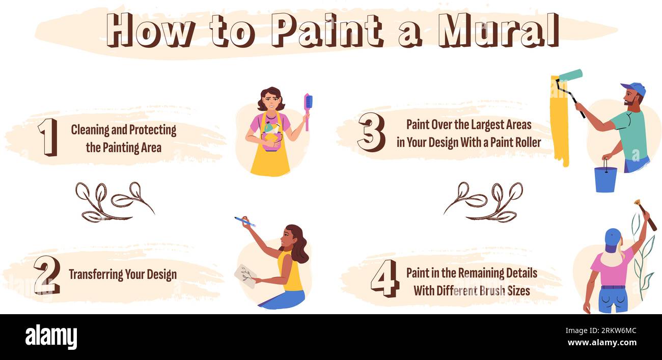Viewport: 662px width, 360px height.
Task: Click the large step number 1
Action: pos(47,137)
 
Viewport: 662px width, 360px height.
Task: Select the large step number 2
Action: pos(47,275)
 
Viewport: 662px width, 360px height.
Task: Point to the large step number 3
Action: pos(371,132)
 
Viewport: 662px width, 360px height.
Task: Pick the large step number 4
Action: pos(384,278)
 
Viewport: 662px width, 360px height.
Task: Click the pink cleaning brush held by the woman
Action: pos(308,109)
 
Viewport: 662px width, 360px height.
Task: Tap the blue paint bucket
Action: pos(605,179)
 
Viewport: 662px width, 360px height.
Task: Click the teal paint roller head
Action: pos(570,75)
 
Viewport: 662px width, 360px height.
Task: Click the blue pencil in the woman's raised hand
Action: pos(244,221)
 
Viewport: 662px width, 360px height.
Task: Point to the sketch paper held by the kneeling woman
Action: pos(245,275)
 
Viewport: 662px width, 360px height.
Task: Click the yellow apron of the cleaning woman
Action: pos(270,160)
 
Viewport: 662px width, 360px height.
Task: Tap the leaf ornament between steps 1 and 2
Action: pos(115,202)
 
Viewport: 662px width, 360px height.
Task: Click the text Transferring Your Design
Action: pos(123,274)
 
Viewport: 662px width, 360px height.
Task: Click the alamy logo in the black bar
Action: pos(51,337)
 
